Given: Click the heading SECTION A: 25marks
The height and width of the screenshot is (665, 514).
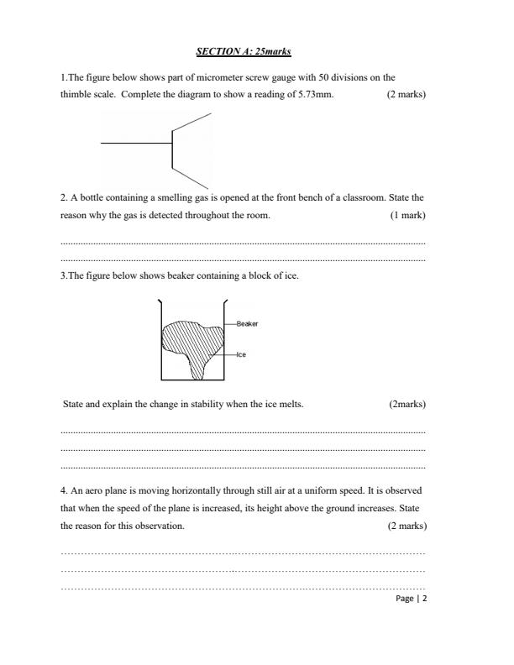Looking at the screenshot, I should [244, 51].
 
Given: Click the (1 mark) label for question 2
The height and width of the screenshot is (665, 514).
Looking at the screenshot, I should [407, 216].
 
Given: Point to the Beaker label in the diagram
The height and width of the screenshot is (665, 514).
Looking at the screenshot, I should [248, 323].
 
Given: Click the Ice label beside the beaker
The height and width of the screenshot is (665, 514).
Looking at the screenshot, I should [241, 354].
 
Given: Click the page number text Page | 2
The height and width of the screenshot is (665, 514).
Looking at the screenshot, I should [411, 600].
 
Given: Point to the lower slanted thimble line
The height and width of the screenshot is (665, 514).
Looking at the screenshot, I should [191, 175].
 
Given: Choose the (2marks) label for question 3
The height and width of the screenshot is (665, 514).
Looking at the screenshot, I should [407, 404].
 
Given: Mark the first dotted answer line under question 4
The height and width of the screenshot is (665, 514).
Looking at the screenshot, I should [244, 553].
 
